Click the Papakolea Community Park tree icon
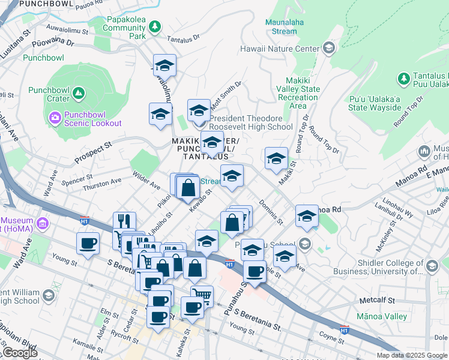point(155,26)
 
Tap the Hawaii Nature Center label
point(280,48)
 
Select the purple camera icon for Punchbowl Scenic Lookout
point(55,116)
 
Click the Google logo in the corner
point(20,353)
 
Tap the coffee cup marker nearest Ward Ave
point(88,244)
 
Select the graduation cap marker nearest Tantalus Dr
point(164,65)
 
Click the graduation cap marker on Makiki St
point(276,158)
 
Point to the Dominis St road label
point(271,212)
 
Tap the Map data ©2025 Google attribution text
point(411,355)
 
